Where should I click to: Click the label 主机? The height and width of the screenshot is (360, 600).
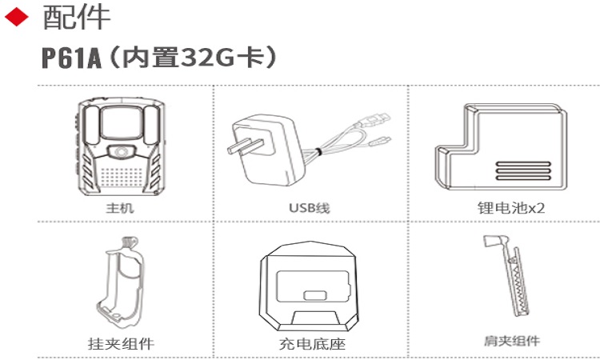click(x=120, y=208)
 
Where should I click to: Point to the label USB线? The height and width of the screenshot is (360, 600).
click(x=309, y=208)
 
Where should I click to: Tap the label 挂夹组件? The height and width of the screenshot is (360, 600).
click(x=120, y=344)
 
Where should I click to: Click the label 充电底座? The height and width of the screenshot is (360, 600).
click(x=309, y=344)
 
